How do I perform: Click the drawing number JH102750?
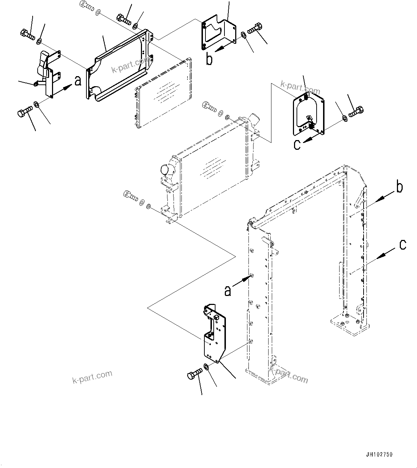(379, 454)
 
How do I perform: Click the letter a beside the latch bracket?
(77, 81)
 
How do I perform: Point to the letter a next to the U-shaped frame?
(228, 290)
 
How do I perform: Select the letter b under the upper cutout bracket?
(209, 59)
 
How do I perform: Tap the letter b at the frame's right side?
(399, 187)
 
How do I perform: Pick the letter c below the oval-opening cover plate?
(297, 145)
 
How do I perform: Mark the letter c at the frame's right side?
(403, 245)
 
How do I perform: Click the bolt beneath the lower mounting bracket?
(194, 374)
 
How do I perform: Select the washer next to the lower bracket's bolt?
(207, 367)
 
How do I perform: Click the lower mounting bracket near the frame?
(214, 334)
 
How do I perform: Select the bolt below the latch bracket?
(24, 113)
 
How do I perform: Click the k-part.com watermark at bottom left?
(93, 377)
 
